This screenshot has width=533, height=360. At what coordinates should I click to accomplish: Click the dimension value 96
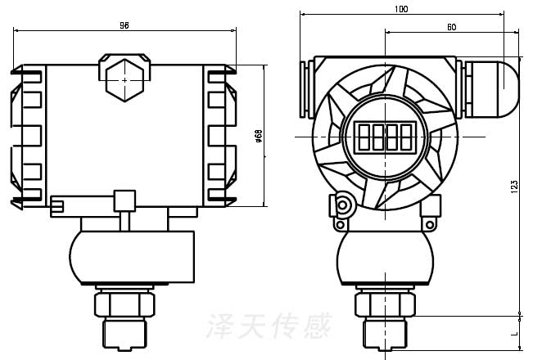(x=124, y=25)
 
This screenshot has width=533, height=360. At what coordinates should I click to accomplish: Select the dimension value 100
(x=401, y=8)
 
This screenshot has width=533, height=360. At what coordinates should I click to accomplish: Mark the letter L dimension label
(x=513, y=334)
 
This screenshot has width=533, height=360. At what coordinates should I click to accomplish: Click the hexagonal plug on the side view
(x=124, y=79)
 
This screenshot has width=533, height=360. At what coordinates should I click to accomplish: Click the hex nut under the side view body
(x=124, y=303)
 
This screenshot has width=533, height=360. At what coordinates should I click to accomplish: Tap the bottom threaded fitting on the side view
(x=124, y=331)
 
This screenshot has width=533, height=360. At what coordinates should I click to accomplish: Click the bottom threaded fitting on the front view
(x=384, y=332)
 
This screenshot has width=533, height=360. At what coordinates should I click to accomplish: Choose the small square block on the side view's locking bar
(x=124, y=200)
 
